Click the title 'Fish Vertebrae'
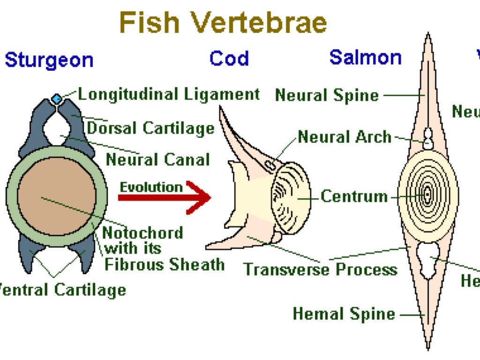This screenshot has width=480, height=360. click(223, 22)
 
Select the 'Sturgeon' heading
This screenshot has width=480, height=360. click(49, 60)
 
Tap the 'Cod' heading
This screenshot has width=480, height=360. click(229, 59)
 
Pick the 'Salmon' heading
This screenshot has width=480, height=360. click(365, 57)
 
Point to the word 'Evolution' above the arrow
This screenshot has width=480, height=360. click(151, 187)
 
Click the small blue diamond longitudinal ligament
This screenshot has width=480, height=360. click(57, 99)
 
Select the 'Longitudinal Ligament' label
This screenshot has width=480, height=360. click(169, 94)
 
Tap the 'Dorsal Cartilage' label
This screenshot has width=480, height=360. click(150, 127)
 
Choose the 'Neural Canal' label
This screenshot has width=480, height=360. click(157, 160)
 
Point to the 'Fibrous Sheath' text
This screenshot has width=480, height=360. click(164, 264)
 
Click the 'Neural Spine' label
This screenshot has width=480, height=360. click(327, 95)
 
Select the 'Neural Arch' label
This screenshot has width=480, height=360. click(345, 137)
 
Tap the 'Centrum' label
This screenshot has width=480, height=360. click(354, 196)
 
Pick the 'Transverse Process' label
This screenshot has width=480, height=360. click(320, 270)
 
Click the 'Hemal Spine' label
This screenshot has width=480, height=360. click(344, 314)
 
